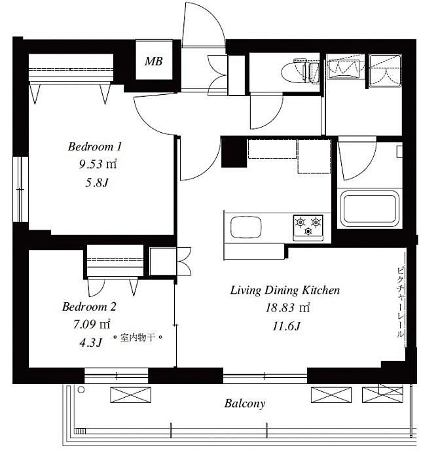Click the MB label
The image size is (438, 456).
[154, 61]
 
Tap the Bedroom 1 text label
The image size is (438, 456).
[94, 147]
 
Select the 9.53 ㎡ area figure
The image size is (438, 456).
[98, 164]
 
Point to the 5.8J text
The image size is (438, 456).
[97, 183]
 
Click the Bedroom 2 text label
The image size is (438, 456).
[89, 307]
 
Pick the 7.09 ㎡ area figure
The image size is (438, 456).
[92, 324]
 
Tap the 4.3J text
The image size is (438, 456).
[91, 343]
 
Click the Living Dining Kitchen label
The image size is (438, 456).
[285, 290]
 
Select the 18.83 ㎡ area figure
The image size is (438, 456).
[287, 307]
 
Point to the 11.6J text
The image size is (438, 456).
[286, 326]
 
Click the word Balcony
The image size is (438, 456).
[245, 404]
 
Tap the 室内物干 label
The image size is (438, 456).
[137, 338]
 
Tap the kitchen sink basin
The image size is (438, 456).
[246, 226]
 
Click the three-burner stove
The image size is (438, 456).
[308, 228]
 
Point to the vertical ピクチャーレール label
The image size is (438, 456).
[401, 302]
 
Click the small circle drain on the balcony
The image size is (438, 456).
[81, 390]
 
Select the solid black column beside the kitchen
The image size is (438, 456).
[234, 152]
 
